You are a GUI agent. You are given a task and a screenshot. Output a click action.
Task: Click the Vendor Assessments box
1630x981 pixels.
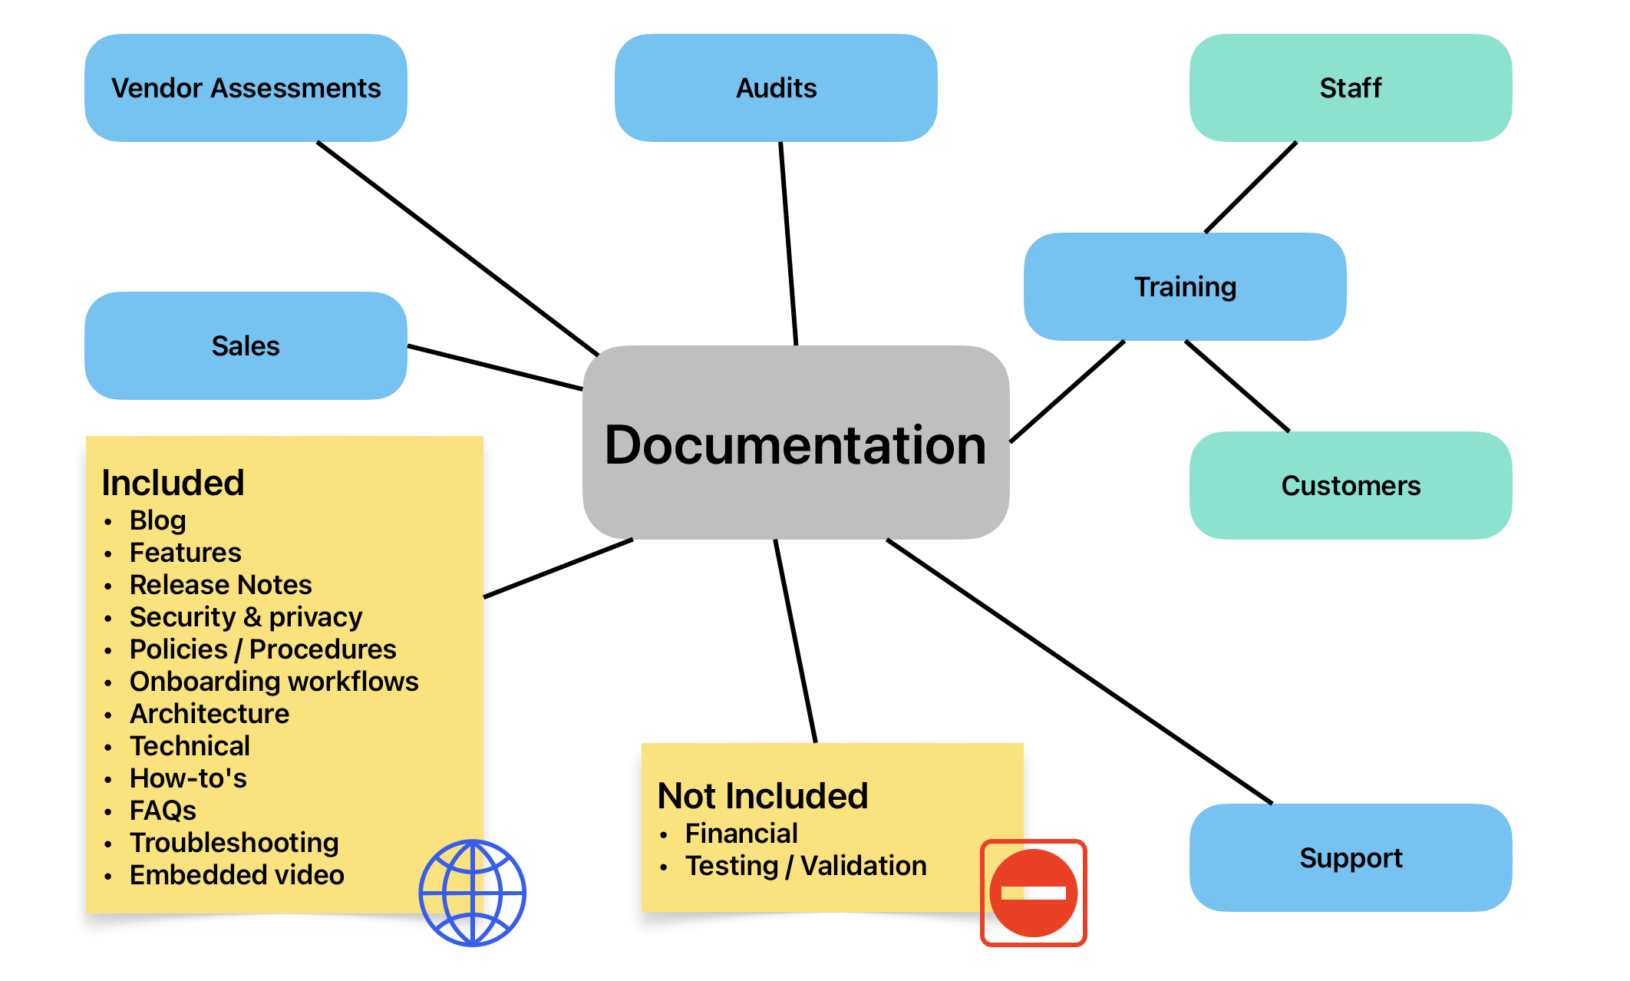pos(246,88)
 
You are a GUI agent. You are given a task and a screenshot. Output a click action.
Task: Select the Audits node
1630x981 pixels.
pos(776,88)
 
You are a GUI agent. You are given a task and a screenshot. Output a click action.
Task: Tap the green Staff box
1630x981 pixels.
pos(1350,88)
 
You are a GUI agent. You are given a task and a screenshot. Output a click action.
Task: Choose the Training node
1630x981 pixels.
pos(1185,286)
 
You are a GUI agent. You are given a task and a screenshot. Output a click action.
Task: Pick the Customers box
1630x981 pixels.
pos(1350,485)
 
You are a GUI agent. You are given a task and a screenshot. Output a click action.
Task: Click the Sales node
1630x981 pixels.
pos(246,345)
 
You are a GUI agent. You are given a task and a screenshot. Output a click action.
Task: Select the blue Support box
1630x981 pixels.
pos(1350,857)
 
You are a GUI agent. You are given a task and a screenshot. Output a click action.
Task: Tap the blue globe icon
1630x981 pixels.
pos(472,893)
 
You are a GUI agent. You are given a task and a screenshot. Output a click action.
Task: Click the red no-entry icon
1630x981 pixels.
pos(1033,893)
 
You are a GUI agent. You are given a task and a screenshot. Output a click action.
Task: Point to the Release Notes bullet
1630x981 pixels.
pos(220,585)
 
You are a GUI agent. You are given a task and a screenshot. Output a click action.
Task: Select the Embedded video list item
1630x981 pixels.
pos(236,875)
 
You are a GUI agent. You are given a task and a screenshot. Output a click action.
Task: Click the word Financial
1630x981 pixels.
pos(741,834)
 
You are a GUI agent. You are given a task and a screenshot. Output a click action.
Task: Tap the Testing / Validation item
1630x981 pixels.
pos(806,866)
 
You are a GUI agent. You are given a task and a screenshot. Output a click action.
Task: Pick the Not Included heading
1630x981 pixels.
pos(763,796)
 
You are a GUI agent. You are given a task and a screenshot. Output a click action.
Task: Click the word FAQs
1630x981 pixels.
pos(163,811)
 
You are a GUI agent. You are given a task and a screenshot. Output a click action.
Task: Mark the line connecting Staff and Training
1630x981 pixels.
pos(1251,187)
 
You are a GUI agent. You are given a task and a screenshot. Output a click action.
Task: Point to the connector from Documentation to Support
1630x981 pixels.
pos(1079,671)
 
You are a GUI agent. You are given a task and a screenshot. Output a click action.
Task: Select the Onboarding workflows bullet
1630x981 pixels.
pos(274,682)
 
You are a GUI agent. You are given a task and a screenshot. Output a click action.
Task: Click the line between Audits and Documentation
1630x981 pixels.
pos(788,243)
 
